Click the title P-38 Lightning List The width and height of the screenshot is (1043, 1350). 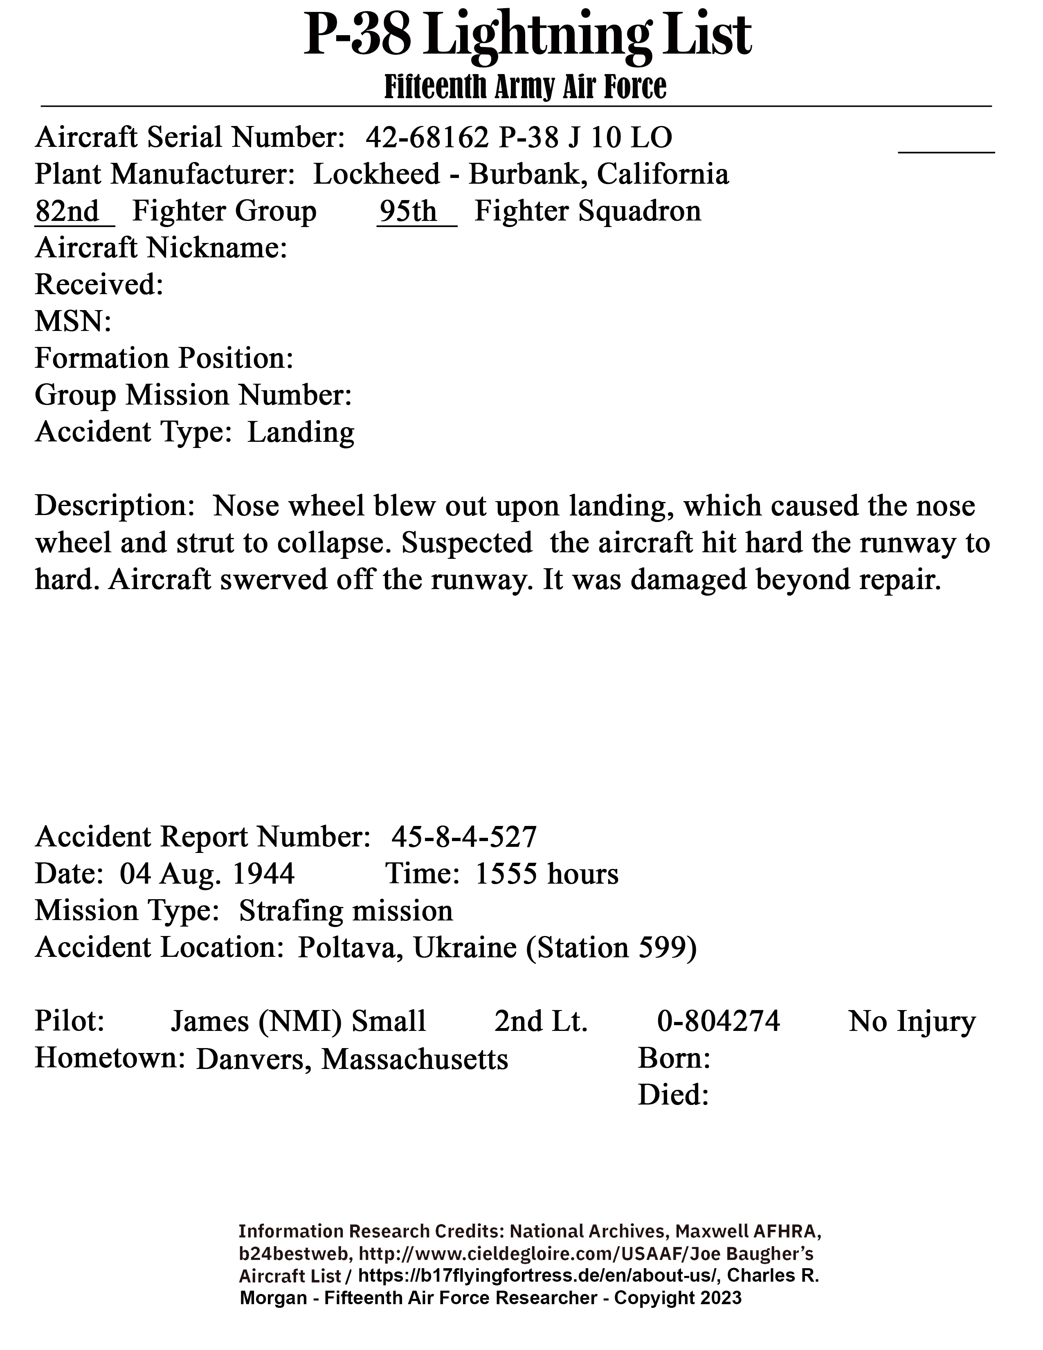pyautogui.click(x=527, y=36)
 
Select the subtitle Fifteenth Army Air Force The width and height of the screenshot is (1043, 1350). pyautogui.click(x=525, y=87)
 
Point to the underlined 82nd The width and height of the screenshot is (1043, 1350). pyautogui.click(x=67, y=211)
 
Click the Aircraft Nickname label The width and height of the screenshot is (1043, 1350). pyautogui.click(x=161, y=248)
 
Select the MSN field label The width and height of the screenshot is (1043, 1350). pyautogui.click(x=73, y=322)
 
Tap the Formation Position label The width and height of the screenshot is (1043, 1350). pyautogui.click(x=164, y=358)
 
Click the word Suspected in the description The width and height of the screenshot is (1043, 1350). pyautogui.click(x=467, y=543)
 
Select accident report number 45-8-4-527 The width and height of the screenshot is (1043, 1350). pyautogui.click(x=464, y=837)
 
